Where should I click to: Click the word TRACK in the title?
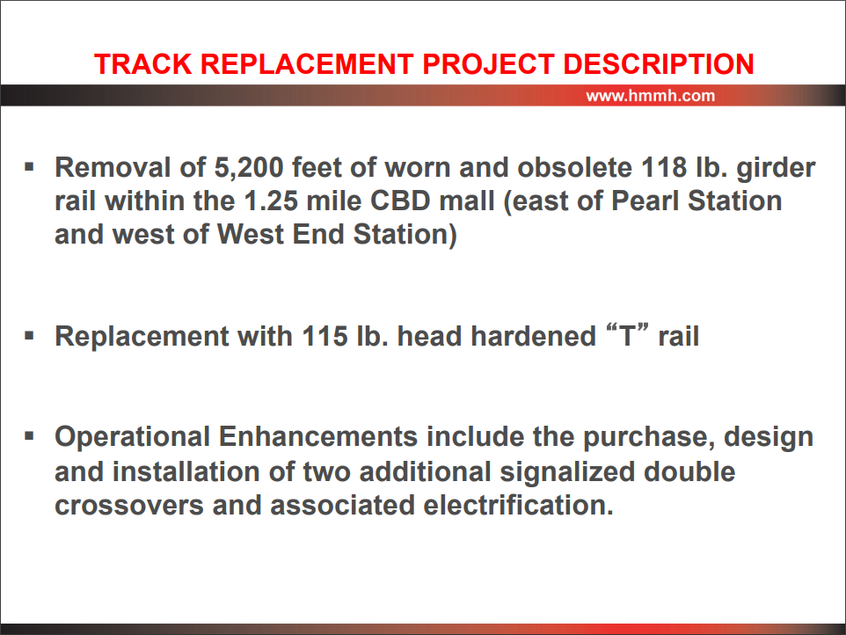(143, 64)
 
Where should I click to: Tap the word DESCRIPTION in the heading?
(658, 64)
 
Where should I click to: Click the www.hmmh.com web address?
(650, 96)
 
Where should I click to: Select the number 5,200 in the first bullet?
(249, 168)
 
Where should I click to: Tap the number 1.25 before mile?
(271, 201)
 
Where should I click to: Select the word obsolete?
(574, 168)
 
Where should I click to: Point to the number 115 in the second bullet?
(325, 337)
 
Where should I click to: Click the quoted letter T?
(628, 336)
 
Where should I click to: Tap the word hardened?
(533, 336)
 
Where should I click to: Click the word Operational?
(133, 438)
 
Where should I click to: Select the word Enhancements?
(318, 437)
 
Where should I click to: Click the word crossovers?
(129, 507)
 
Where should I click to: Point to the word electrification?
(519, 506)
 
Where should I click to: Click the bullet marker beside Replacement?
(29, 336)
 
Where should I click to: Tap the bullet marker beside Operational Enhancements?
(29, 436)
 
